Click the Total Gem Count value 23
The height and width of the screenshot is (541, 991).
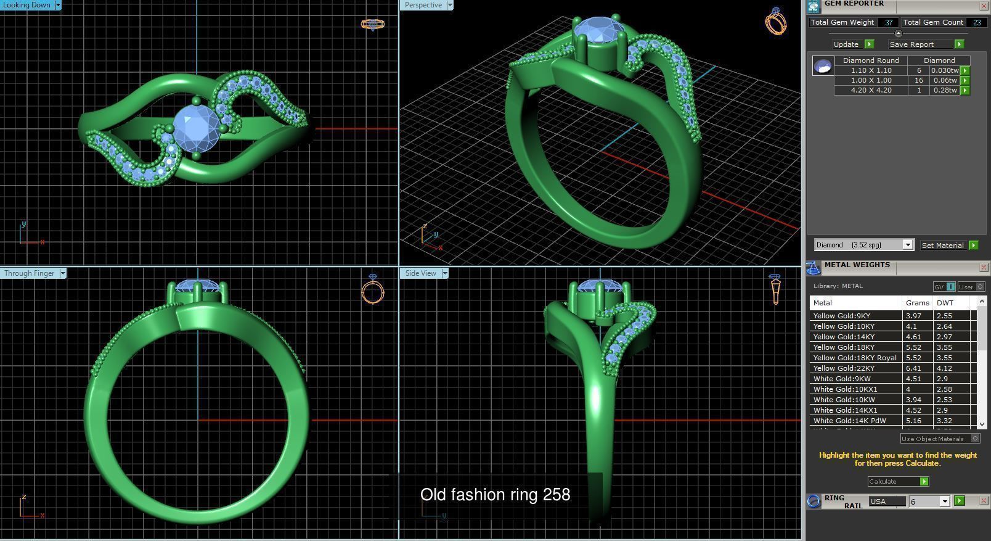tap(976, 22)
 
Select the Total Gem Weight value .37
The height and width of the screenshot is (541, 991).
tap(887, 22)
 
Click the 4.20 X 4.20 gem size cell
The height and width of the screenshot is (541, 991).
tap(871, 90)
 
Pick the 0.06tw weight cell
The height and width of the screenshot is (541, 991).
tap(944, 80)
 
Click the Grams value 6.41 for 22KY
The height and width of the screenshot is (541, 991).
tap(913, 368)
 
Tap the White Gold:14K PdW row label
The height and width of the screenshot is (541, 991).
tap(849, 421)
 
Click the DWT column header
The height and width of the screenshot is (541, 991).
tap(945, 303)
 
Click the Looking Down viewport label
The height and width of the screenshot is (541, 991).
tap(27, 5)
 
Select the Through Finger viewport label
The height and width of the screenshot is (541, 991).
tap(30, 273)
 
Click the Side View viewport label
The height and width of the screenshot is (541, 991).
tap(420, 273)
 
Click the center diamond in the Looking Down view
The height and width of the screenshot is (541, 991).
tap(196, 127)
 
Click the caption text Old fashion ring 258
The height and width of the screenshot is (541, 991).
tap(495, 495)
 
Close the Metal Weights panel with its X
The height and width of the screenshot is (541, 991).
tap(984, 267)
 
